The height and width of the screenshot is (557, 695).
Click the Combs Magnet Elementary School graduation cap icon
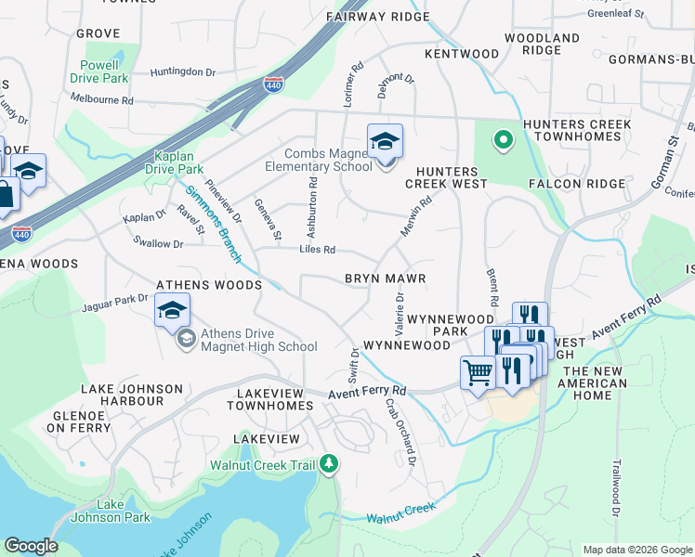(385, 142)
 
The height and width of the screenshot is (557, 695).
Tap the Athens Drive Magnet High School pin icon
(172, 311)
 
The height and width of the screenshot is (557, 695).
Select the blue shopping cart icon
(478, 373)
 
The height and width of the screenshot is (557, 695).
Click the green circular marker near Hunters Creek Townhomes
(503, 141)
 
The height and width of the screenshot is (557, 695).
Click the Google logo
(31, 546)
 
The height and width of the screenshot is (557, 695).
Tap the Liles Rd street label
(317, 250)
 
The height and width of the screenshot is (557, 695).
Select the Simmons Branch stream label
(214, 224)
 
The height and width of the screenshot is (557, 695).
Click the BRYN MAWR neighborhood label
(385, 278)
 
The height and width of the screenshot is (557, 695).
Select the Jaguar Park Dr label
(114, 301)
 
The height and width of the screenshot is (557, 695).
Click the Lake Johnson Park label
(124, 511)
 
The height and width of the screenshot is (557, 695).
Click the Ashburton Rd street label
(312, 207)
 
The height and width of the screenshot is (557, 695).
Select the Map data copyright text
(636, 550)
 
